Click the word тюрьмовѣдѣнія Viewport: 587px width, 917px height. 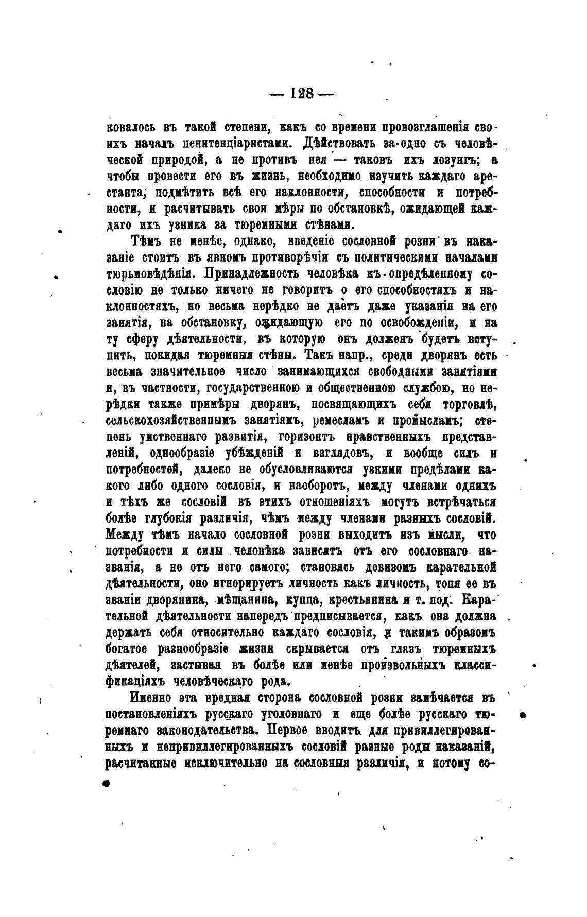click(x=150, y=273)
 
